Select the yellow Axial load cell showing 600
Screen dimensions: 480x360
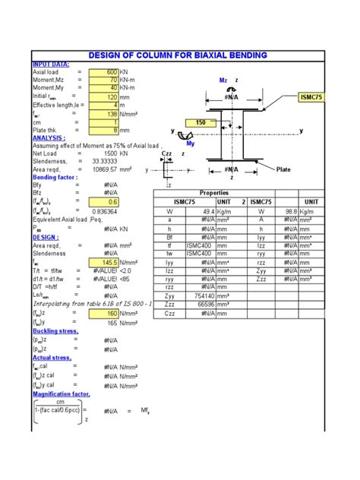point(105,72)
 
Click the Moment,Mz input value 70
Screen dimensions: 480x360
point(105,80)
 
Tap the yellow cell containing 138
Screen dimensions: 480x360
point(105,112)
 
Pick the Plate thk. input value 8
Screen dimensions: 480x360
point(105,129)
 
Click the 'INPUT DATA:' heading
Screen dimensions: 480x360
point(51,64)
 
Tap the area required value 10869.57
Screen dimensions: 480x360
point(109,169)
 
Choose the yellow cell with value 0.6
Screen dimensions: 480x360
point(105,202)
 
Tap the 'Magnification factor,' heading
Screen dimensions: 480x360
point(61,394)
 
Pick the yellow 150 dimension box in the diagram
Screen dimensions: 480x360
point(201,122)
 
